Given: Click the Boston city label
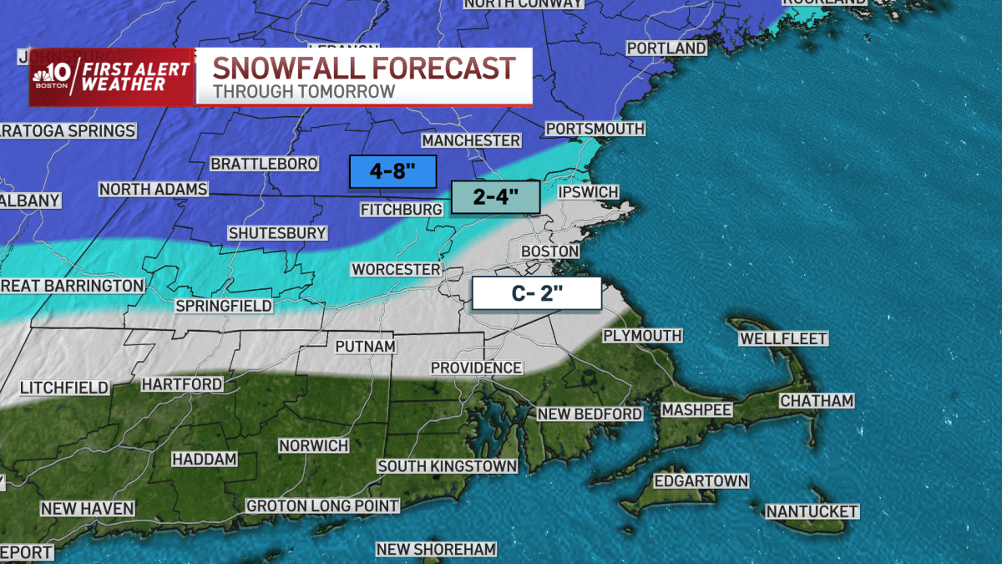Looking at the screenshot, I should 549,252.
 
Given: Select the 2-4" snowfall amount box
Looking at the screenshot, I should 496,198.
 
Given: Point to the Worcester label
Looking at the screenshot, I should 396,269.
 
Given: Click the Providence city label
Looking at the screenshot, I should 476,368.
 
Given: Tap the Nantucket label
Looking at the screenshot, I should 812,511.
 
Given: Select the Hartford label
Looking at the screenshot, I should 181,384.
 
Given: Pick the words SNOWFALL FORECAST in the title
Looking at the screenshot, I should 363,68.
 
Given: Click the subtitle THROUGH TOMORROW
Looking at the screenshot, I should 303,91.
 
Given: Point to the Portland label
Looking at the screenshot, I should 665,48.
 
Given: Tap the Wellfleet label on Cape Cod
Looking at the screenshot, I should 782,338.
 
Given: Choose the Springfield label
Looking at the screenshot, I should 223,306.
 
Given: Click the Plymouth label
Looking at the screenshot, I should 642,336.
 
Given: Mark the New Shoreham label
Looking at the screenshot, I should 436,549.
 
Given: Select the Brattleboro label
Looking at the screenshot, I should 264,164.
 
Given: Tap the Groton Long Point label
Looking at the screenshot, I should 322,506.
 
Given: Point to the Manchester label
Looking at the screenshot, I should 471,140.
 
